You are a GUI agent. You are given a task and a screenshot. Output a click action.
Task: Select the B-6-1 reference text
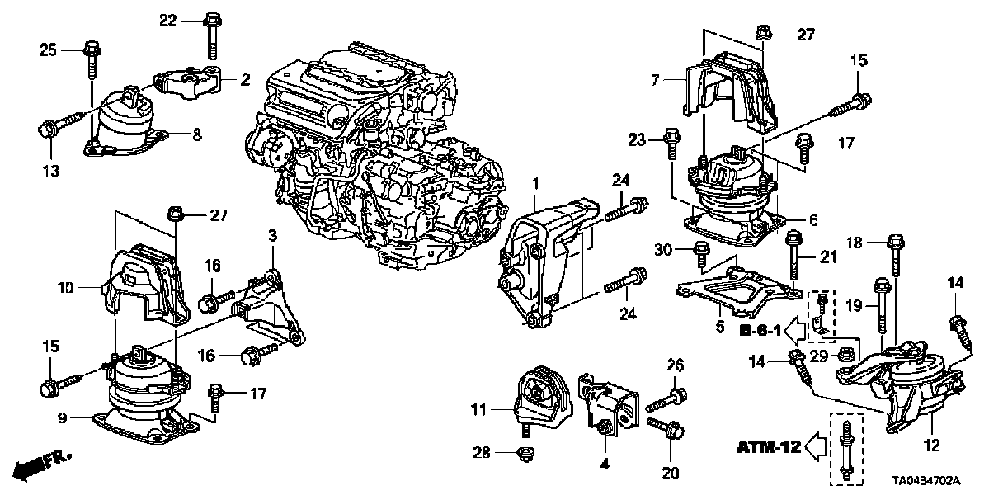click(759, 332)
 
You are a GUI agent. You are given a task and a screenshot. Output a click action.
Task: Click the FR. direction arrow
click(41, 464)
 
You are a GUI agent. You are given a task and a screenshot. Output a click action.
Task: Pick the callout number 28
click(483, 452)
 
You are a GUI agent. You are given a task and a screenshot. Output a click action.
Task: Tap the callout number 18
click(855, 243)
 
